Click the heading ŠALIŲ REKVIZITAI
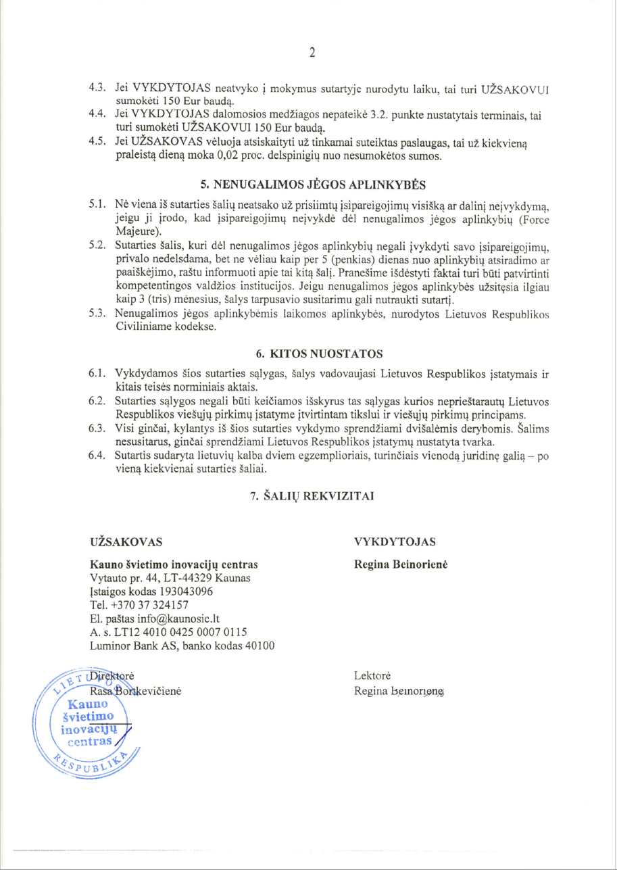312,496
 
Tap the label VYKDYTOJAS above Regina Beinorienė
395,542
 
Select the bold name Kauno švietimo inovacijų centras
174,564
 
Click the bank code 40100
257,645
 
